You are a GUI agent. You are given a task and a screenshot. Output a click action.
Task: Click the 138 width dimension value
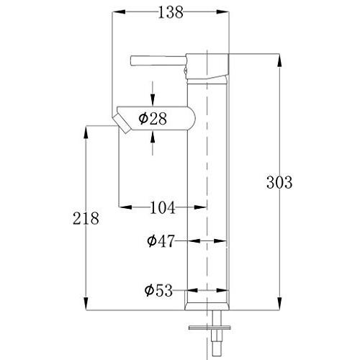[x=171, y=12]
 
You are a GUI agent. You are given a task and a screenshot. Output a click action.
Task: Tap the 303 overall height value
[x=279, y=182]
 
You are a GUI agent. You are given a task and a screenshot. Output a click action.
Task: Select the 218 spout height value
[x=86, y=218]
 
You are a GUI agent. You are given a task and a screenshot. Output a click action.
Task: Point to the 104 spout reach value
[x=163, y=207]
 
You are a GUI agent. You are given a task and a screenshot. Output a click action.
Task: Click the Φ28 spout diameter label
[x=153, y=119]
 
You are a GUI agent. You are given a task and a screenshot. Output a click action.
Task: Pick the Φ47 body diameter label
[x=161, y=241]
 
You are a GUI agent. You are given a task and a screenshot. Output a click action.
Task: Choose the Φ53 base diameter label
[x=158, y=290]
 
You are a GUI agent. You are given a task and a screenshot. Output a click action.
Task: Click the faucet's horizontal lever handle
[x=158, y=60]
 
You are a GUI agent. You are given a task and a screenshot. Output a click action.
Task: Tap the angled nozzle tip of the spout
[x=122, y=123]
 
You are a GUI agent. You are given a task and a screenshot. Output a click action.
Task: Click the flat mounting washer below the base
[x=210, y=328]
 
